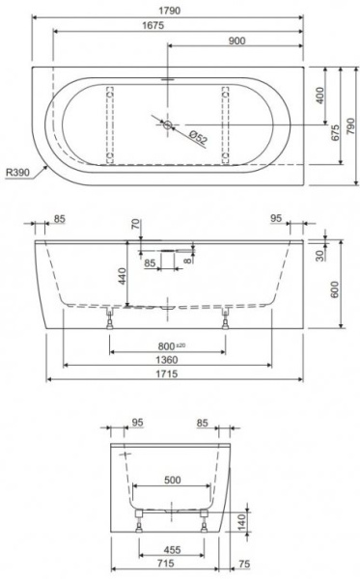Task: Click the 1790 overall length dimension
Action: [x=170, y=11]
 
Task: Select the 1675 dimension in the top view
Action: [x=152, y=26]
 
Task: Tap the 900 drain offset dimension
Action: [x=236, y=41]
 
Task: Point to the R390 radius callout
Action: [x=17, y=173]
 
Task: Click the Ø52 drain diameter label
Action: [x=199, y=137]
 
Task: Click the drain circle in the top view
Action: [x=168, y=125]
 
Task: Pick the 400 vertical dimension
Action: [x=319, y=96]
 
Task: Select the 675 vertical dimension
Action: [x=335, y=133]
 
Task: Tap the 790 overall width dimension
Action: [x=350, y=125]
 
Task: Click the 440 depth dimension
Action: [x=122, y=276]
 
